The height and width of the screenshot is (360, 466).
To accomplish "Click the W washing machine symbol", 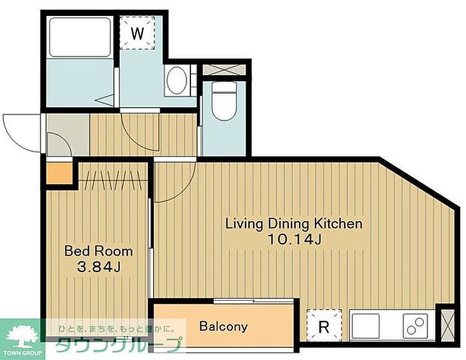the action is tap(137, 33).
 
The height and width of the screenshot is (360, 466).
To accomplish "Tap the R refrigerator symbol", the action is tap(324, 326).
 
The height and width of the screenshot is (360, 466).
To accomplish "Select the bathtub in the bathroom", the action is tap(80, 37).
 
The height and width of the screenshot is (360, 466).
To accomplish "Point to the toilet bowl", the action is tap(224, 101).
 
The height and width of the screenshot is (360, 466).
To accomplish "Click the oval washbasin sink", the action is tap(177, 81).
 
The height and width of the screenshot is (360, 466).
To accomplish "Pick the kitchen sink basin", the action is tap(365, 326).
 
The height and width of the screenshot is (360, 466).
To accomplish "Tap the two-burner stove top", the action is tap(415, 326).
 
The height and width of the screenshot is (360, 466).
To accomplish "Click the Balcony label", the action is tap(224, 327).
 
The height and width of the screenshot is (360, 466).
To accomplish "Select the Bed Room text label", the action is tap(99, 251).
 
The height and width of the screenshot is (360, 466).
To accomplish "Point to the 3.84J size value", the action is tap(99, 268).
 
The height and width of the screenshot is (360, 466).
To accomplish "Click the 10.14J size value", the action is tap(294, 240).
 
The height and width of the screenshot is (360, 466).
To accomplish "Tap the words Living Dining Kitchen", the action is tap(294, 224).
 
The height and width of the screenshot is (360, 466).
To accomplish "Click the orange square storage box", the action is tap(59, 174).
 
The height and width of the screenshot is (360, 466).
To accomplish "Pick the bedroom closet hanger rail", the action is tap(113, 180).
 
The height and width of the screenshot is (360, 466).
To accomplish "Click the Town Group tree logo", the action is tap(23, 336).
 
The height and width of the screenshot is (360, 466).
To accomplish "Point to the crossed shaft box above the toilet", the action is tap(224, 70).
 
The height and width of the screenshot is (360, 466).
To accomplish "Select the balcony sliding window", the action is tap(254, 301).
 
